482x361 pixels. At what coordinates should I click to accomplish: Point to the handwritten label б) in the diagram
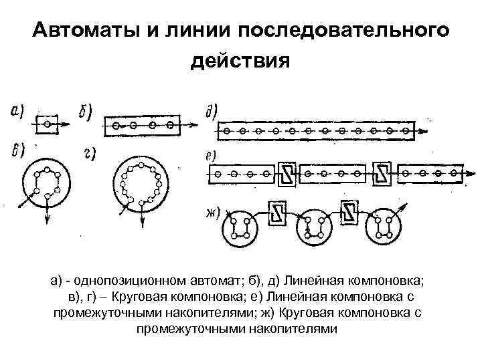[86, 113]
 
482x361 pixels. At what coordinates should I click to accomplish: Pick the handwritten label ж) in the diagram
[213, 213]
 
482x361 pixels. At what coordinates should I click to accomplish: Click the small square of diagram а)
[46, 124]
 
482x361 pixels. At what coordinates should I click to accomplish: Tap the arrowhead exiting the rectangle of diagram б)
[195, 124]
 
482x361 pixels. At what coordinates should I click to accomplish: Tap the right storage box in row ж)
[350, 213]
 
